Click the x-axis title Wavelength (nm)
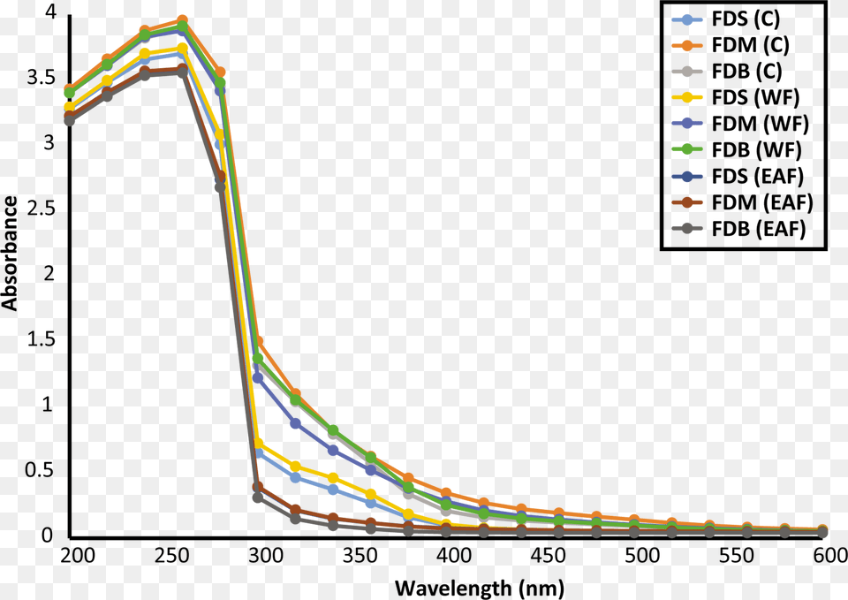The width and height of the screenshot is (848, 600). (478, 587)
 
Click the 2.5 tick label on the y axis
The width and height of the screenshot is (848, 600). (42, 208)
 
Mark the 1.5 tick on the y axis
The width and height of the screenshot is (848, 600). (42, 339)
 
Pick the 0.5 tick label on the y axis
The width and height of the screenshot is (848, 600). (42, 470)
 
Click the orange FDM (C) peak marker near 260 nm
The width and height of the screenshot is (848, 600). (182, 20)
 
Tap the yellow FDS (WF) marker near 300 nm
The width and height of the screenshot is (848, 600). (258, 443)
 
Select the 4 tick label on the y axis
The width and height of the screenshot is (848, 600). (50, 12)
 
